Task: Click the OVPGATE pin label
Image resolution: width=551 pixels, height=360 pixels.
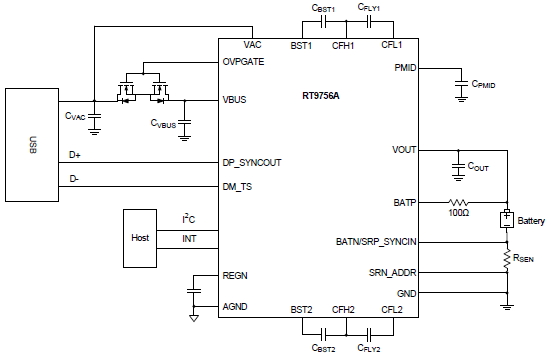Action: tap(245, 61)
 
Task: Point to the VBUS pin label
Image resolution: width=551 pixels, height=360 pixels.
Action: tap(236, 100)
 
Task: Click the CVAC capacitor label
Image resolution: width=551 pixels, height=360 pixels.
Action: tap(75, 117)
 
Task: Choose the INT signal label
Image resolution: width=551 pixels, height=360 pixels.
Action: tap(188, 239)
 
